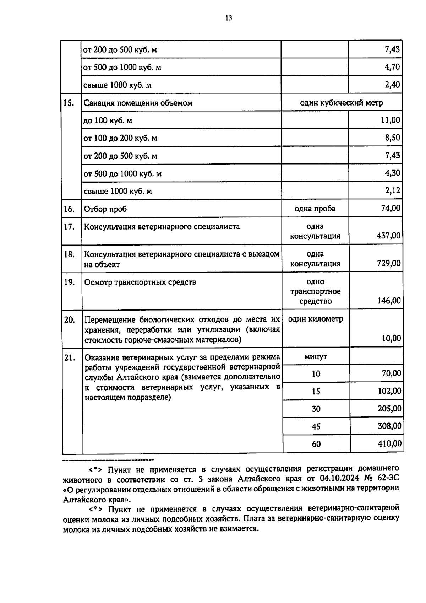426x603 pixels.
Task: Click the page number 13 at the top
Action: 229,18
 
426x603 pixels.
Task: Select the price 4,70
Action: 392,67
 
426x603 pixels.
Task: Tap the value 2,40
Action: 392,85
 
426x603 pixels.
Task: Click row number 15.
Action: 69,103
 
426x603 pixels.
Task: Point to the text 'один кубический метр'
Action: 341,103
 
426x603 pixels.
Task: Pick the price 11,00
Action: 390,120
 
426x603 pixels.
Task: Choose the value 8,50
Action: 392,138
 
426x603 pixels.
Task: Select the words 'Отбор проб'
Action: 105,209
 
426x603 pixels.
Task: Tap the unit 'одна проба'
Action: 315,209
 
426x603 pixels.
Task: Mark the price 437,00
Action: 388,236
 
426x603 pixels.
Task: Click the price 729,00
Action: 388,263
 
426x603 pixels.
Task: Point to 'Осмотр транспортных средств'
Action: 140,282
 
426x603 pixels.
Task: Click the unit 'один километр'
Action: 316,319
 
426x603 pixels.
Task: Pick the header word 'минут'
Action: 316,356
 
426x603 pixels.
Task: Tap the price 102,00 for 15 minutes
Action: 389,391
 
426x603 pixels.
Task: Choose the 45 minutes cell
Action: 316,426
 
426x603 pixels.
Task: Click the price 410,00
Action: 390,444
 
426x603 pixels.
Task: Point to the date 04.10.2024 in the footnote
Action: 339,478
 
